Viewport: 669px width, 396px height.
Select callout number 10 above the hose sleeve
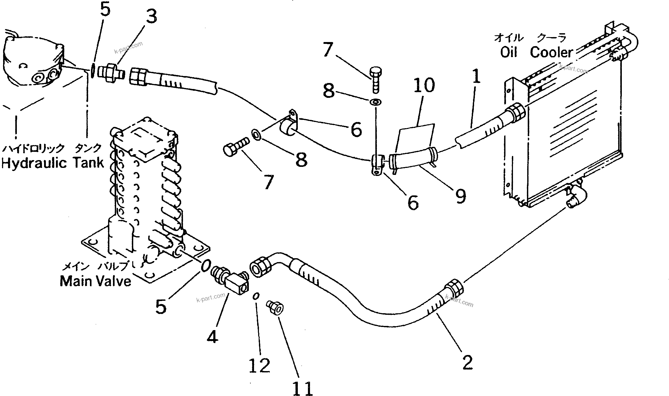(424, 85)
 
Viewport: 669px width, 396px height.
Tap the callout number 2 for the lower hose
(468, 362)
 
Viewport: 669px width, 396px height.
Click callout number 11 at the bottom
(303, 388)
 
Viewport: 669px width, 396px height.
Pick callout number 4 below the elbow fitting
(213, 337)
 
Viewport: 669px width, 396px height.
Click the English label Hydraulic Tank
(53, 163)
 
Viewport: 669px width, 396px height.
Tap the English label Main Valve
(95, 281)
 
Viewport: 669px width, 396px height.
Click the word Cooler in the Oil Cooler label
(551, 52)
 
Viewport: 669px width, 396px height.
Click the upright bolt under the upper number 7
(376, 80)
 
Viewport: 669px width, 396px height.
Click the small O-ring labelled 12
(256, 296)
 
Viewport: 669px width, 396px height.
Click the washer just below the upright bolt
(375, 102)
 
